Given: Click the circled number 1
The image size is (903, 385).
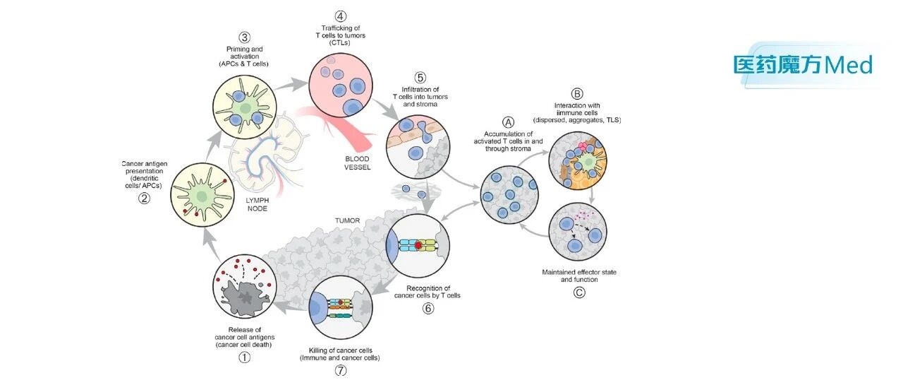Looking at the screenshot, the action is pyautogui.click(x=244, y=357).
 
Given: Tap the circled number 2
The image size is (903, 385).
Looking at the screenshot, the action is pyautogui.click(x=145, y=198).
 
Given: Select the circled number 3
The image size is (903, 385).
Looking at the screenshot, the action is pyautogui.click(x=244, y=37).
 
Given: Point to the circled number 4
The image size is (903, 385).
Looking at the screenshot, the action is pyautogui.click(x=341, y=16).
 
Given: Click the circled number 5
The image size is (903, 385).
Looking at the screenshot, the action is pyautogui.click(x=420, y=78).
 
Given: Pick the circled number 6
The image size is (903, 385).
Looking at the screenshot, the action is pyautogui.click(x=428, y=308).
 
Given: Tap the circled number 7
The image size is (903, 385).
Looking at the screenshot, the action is pyautogui.click(x=341, y=370).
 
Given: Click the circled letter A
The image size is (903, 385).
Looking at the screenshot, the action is pyautogui.click(x=509, y=122).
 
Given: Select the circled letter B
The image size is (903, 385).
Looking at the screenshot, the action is pyautogui.click(x=577, y=94).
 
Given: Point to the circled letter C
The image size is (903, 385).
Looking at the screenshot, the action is pyautogui.click(x=579, y=292).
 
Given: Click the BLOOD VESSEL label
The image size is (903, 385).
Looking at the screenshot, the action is pyautogui.click(x=357, y=163).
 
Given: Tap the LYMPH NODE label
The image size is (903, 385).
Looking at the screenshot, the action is pyautogui.click(x=257, y=204).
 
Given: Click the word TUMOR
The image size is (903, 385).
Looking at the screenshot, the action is pyautogui.click(x=348, y=220).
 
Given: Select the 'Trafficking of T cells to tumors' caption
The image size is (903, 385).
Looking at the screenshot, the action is pyautogui.click(x=341, y=35).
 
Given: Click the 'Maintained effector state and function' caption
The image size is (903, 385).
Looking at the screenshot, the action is pyautogui.click(x=579, y=276).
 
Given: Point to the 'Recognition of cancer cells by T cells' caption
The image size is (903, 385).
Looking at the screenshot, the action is pyautogui.click(x=428, y=292).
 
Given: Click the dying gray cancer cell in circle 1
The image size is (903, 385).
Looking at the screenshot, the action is pyautogui.click(x=244, y=297).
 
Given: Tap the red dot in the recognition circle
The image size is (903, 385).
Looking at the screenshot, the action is pyautogui.click(x=419, y=245).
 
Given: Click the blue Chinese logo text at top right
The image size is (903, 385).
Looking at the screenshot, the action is pyautogui.click(x=778, y=65).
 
